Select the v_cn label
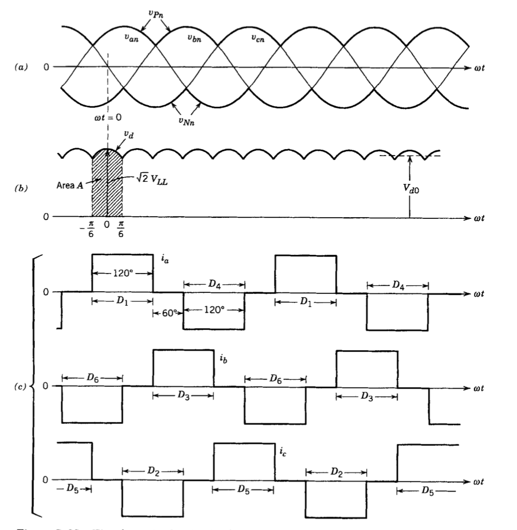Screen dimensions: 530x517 [259, 38]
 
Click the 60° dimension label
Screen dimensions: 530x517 [168, 313]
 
